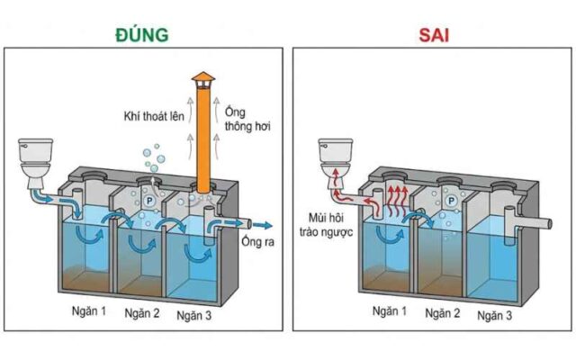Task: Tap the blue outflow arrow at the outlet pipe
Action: [x=262, y=225]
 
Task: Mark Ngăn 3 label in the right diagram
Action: [x=496, y=315]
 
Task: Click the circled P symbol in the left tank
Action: [x=147, y=202]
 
